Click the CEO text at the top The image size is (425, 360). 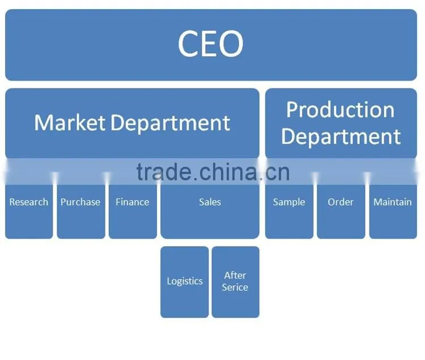pyautogui.click(x=211, y=44)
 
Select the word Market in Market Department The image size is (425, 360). pyautogui.click(x=70, y=122)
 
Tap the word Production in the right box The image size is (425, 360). pyautogui.click(x=341, y=110)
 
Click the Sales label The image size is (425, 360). pyautogui.click(x=210, y=202)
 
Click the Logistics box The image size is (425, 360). pyautogui.click(x=184, y=282)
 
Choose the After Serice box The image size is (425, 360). pyautogui.click(x=236, y=282)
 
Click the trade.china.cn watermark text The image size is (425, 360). pyautogui.click(x=213, y=172)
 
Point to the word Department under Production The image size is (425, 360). pyautogui.click(x=341, y=137)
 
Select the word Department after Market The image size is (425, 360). pyautogui.click(x=171, y=123)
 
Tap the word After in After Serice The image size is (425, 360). pyautogui.click(x=235, y=275)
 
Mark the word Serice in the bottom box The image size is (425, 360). pyautogui.click(x=235, y=287)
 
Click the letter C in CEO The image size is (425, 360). pyautogui.click(x=188, y=44)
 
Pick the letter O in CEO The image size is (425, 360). pyautogui.click(x=231, y=44)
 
